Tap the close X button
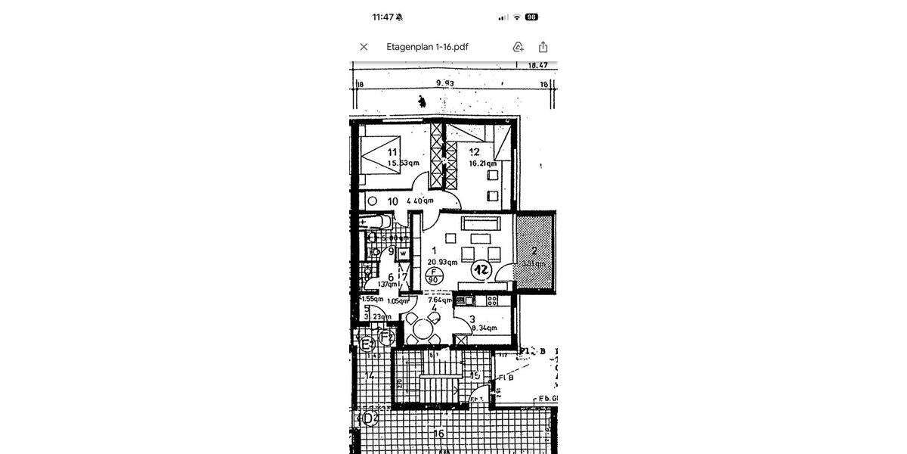(x=364, y=47)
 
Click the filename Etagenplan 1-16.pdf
(x=427, y=47)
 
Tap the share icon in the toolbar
(x=543, y=47)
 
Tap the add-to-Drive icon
(x=519, y=47)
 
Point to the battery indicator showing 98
(x=531, y=17)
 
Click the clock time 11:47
(x=382, y=17)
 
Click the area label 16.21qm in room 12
(x=482, y=163)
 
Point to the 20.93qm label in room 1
(x=442, y=263)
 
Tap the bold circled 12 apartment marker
(x=481, y=269)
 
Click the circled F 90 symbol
(x=434, y=275)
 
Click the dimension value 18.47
(x=537, y=66)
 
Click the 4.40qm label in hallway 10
(x=419, y=201)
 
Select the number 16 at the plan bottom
(x=438, y=434)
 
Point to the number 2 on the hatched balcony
(x=534, y=250)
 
